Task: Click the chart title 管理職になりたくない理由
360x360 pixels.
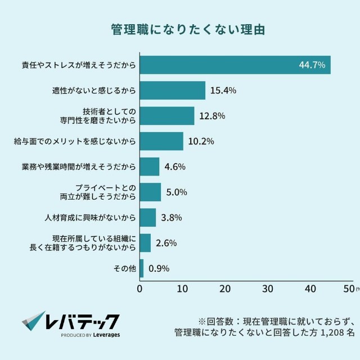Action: [180, 29]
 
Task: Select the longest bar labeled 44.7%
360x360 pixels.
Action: [235, 65]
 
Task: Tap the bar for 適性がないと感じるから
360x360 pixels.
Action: [172, 90]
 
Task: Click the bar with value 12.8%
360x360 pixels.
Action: [166, 116]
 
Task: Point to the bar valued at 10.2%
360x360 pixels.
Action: [161, 141]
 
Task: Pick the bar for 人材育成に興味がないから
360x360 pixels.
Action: [147, 217]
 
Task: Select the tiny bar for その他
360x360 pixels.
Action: [141, 268]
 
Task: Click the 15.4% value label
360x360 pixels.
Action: [223, 90]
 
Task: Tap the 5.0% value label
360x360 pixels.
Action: [177, 192]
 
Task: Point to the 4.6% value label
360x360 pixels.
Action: [174, 166]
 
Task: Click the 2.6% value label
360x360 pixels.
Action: [166, 243]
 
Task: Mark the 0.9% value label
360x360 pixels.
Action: [159, 268]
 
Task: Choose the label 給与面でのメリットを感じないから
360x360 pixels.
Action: [74, 141]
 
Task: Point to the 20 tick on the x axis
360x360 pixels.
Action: [225, 289]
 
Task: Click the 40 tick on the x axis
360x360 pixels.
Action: [310, 289]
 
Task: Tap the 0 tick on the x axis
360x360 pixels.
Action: [139, 289]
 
